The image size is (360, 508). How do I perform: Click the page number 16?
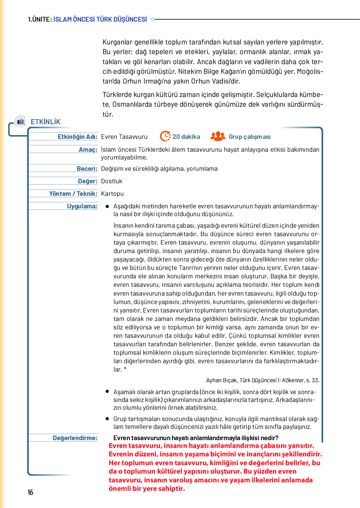(30, 492)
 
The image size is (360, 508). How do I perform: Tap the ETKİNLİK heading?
(46, 122)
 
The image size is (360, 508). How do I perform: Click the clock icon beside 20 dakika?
(165, 136)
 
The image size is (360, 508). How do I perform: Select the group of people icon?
(218, 136)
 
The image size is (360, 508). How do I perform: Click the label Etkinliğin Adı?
(77, 137)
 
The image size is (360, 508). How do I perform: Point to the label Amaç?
(88, 150)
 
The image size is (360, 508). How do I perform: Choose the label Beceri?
(87, 169)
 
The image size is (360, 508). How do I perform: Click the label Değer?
(88, 181)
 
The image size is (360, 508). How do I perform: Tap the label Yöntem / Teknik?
(73, 194)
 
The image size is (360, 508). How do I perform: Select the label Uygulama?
(82, 206)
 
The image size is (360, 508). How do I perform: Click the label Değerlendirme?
(75, 438)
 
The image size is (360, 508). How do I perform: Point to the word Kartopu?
(112, 194)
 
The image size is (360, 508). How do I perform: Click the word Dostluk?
(112, 181)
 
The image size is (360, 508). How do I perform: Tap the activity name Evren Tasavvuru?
(124, 137)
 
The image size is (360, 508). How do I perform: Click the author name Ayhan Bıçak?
(222, 380)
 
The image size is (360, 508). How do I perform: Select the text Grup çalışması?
(249, 137)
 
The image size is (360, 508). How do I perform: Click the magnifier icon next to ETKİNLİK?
(21, 122)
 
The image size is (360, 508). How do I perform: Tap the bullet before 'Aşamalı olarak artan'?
(107, 391)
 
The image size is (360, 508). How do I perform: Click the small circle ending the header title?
(153, 19)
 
